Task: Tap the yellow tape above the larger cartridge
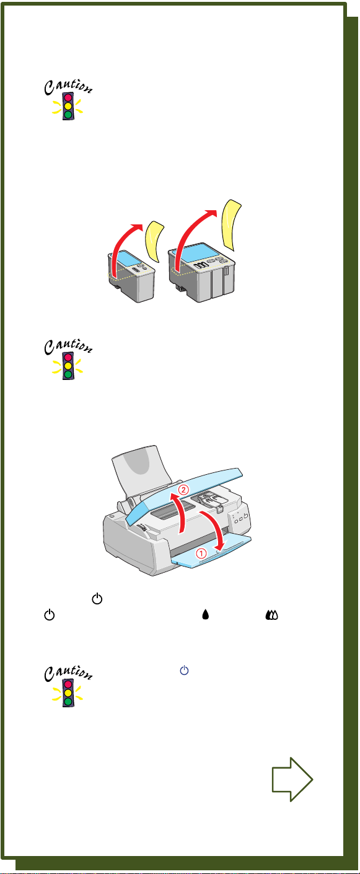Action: [231, 224]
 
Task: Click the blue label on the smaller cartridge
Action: [128, 259]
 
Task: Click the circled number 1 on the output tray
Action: [201, 553]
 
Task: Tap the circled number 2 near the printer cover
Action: [183, 490]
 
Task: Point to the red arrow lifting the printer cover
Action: [180, 513]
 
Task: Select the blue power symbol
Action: [184, 670]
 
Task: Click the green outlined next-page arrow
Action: [292, 780]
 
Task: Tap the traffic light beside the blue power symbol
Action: [68, 693]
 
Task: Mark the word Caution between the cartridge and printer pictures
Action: [68, 347]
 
